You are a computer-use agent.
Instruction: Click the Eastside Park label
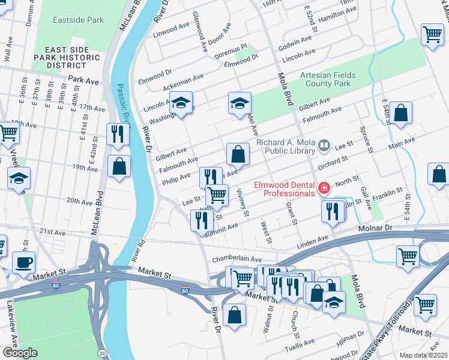77,20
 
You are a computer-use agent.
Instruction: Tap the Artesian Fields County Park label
328,79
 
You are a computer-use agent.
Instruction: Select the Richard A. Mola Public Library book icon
324,145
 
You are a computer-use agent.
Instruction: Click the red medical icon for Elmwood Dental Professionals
324,188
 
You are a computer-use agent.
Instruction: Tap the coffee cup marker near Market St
23,262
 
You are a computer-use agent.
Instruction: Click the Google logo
19,353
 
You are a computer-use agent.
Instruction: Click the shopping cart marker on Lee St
217,195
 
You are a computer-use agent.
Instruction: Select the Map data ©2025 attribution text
423,355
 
